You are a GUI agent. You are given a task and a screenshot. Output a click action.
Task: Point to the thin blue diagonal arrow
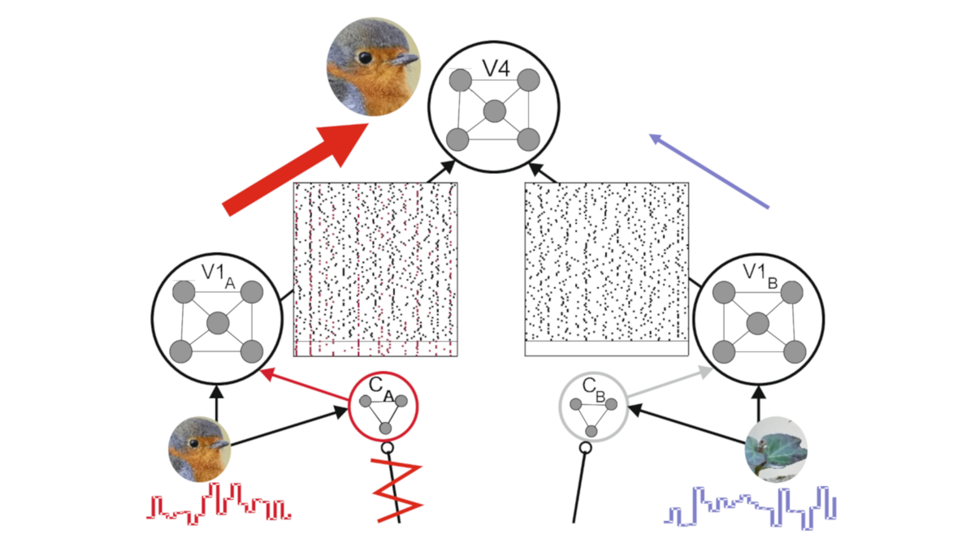[708, 172]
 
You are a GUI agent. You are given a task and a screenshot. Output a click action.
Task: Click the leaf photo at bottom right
[777, 449]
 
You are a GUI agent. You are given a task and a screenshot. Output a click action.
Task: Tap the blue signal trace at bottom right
[752, 506]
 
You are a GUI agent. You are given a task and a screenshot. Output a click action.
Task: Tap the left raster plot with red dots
[376, 269]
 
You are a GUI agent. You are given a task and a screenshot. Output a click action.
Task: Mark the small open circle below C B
[584, 447]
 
